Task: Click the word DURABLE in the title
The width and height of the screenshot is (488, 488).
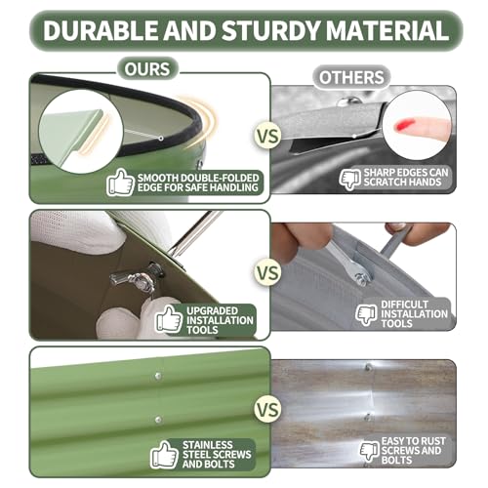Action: [x=101, y=30]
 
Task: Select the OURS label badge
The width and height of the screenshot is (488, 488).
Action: [x=147, y=69]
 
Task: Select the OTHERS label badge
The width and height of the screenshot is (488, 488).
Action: [x=351, y=78]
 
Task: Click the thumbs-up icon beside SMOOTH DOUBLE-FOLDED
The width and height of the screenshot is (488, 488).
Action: [x=120, y=183]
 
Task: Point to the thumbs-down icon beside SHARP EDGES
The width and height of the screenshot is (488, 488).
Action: [x=350, y=179]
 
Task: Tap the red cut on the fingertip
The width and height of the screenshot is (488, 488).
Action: [x=404, y=125]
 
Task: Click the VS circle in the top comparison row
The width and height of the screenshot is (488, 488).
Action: [x=267, y=136]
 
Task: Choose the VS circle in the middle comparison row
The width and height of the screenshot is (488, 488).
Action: [x=267, y=272]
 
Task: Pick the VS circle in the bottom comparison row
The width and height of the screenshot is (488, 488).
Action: [x=267, y=409]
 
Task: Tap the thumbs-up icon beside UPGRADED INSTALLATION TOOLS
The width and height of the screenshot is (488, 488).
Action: [x=169, y=319]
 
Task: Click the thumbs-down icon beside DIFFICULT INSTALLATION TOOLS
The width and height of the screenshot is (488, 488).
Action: [x=367, y=314]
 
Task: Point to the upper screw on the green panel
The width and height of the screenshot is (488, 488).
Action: [x=158, y=377]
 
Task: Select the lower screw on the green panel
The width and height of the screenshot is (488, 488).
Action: [x=158, y=420]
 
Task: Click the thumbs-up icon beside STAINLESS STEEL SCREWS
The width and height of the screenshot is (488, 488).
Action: [x=164, y=455]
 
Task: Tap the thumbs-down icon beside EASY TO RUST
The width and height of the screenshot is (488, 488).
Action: [x=370, y=451]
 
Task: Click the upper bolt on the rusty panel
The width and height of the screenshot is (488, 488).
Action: [x=368, y=368]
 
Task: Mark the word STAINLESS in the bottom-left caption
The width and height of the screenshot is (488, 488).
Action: [x=208, y=445]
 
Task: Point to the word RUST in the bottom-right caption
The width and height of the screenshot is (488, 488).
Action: [x=430, y=441]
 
